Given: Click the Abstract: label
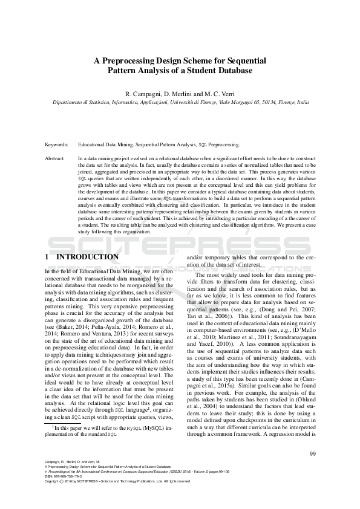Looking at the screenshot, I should pyautogui.click(x=56, y=158).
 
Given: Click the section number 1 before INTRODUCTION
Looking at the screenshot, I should pyautogui.click(x=47, y=257).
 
